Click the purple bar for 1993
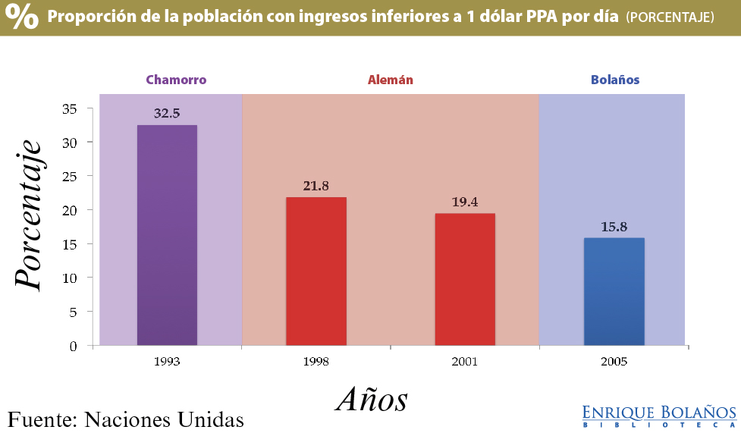click(167, 235)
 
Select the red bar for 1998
click(316, 271)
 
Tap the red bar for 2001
click(465, 279)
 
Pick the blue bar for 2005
click(614, 291)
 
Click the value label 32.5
click(167, 114)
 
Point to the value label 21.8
click(316, 186)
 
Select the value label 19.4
click(464, 202)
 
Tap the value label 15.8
click(614, 227)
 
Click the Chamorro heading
click(176, 80)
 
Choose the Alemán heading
click(390, 80)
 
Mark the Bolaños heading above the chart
click(614, 80)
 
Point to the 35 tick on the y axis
click(70, 108)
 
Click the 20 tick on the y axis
click(70, 210)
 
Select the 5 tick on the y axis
click(73, 312)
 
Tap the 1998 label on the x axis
click(316, 362)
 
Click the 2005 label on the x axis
click(614, 362)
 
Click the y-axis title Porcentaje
click(29, 215)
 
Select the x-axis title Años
click(372, 399)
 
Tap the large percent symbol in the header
click(23, 17)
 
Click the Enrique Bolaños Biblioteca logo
click(659, 416)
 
